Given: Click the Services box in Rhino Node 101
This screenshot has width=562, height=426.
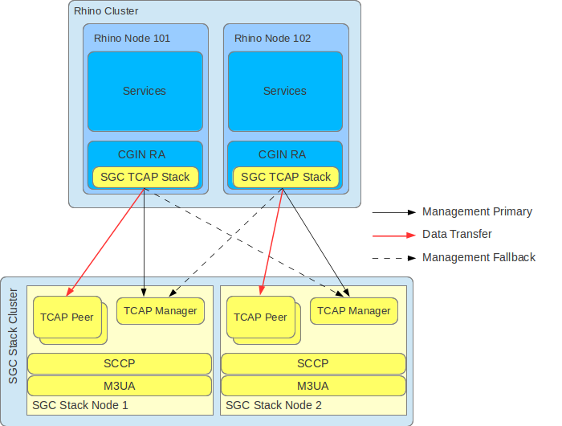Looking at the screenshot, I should pyautogui.click(x=145, y=91).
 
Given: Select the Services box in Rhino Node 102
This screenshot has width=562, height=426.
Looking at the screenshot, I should pyautogui.click(x=285, y=91).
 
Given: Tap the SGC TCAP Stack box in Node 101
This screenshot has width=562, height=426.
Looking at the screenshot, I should pyautogui.click(x=145, y=177).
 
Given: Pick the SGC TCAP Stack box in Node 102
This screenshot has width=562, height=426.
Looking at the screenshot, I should pyautogui.click(x=286, y=177).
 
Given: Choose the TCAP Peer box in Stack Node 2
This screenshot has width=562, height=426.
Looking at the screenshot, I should pyautogui.click(x=260, y=317).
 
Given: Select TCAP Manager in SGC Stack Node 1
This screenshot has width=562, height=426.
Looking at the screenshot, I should pyautogui.click(x=161, y=310).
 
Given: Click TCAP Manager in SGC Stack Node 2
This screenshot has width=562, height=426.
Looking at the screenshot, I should pyautogui.click(x=354, y=310).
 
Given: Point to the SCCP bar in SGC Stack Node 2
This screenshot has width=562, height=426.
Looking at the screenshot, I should pyautogui.click(x=313, y=363).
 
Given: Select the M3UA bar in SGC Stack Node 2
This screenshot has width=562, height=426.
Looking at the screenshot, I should pyautogui.click(x=313, y=386).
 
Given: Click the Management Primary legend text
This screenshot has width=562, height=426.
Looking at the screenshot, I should pyautogui.click(x=477, y=212).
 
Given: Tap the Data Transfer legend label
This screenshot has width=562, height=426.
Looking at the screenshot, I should pyautogui.click(x=457, y=235).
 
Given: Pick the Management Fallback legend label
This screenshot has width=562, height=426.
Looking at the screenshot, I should pyautogui.click(x=479, y=257).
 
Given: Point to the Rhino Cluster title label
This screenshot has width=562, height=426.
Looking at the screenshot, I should pyautogui.click(x=105, y=11).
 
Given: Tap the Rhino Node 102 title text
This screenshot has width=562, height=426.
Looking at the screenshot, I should pyautogui.click(x=272, y=38).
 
